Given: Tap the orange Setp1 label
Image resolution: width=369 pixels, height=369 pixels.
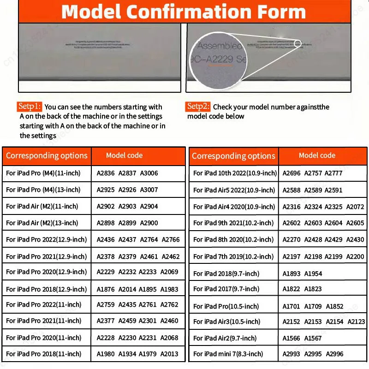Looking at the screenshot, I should coord(30,107).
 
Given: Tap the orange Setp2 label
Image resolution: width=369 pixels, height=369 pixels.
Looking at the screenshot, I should coord(198,107).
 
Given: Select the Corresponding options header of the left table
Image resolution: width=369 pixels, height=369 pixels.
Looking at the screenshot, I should coord(47,155).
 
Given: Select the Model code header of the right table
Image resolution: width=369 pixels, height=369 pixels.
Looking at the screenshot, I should coord(317,155).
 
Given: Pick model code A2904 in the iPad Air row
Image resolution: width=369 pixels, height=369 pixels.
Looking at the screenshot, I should coord(149,207).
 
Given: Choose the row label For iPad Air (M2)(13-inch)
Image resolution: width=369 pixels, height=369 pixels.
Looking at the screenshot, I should coord(42,223).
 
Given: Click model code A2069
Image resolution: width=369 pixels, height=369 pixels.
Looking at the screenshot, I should coord(169,272).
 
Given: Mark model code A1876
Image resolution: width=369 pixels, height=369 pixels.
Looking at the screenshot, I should coord(106,289).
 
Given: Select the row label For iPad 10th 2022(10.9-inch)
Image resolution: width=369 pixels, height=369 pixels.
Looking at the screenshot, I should coord(235,173).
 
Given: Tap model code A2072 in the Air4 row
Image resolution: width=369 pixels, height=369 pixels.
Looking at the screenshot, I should coord(355,207).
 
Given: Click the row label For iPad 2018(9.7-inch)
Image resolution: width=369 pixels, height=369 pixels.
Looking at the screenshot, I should coord(225,274).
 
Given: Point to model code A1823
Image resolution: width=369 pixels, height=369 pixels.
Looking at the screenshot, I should coord(313,289).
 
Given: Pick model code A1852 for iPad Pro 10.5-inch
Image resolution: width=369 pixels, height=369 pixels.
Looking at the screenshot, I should coord(335,306).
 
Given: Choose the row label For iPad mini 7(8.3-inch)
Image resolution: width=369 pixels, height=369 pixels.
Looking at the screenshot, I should coord(228,354).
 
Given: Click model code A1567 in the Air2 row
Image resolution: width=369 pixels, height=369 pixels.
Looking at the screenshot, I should coord(313,338).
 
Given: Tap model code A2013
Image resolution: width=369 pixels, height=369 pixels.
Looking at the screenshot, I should coord(169,354).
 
